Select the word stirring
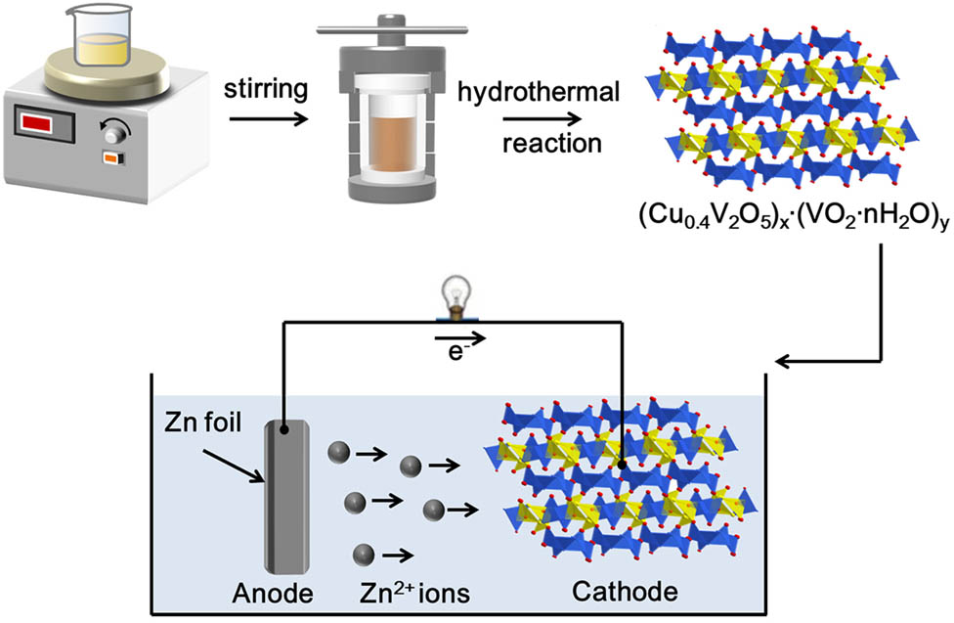point(267,90)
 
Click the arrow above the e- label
point(457,336)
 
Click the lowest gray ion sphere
point(364,554)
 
